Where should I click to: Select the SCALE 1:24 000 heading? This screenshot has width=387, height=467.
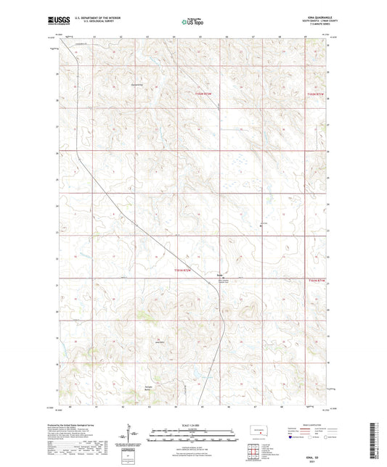click(193, 424)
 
